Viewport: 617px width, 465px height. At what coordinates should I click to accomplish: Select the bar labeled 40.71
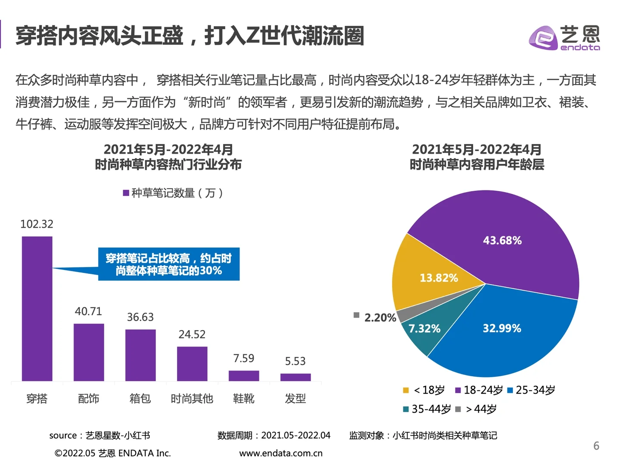pyautogui.click(x=89, y=352)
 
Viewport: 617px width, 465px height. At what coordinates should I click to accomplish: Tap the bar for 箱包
pyautogui.click(x=140, y=355)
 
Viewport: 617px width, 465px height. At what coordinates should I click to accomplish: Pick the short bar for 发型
pyautogui.click(x=295, y=377)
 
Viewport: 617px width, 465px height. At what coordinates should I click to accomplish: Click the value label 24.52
pyautogui.click(x=192, y=335)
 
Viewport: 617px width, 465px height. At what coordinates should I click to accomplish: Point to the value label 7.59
pyautogui.click(x=243, y=358)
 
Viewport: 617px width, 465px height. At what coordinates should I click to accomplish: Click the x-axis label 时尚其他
pyautogui.click(x=192, y=399)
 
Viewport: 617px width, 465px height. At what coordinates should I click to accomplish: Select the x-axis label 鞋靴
pyautogui.click(x=243, y=399)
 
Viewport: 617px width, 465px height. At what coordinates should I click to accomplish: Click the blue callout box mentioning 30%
pyautogui.click(x=168, y=264)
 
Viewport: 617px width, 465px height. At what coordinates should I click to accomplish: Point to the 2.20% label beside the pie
pyautogui.click(x=380, y=318)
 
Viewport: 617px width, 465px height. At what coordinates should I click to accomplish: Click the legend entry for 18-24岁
pyautogui.click(x=479, y=390)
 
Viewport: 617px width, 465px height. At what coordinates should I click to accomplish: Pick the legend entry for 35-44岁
pyautogui.click(x=427, y=409)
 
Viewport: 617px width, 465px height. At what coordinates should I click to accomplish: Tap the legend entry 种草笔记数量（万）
pyautogui.click(x=173, y=193)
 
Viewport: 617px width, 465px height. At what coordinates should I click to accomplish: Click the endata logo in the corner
pyautogui.click(x=564, y=38)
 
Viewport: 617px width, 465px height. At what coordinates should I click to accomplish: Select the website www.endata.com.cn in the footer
pyautogui.click(x=280, y=453)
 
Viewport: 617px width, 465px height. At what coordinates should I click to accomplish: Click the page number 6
pyautogui.click(x=596, y=446)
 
